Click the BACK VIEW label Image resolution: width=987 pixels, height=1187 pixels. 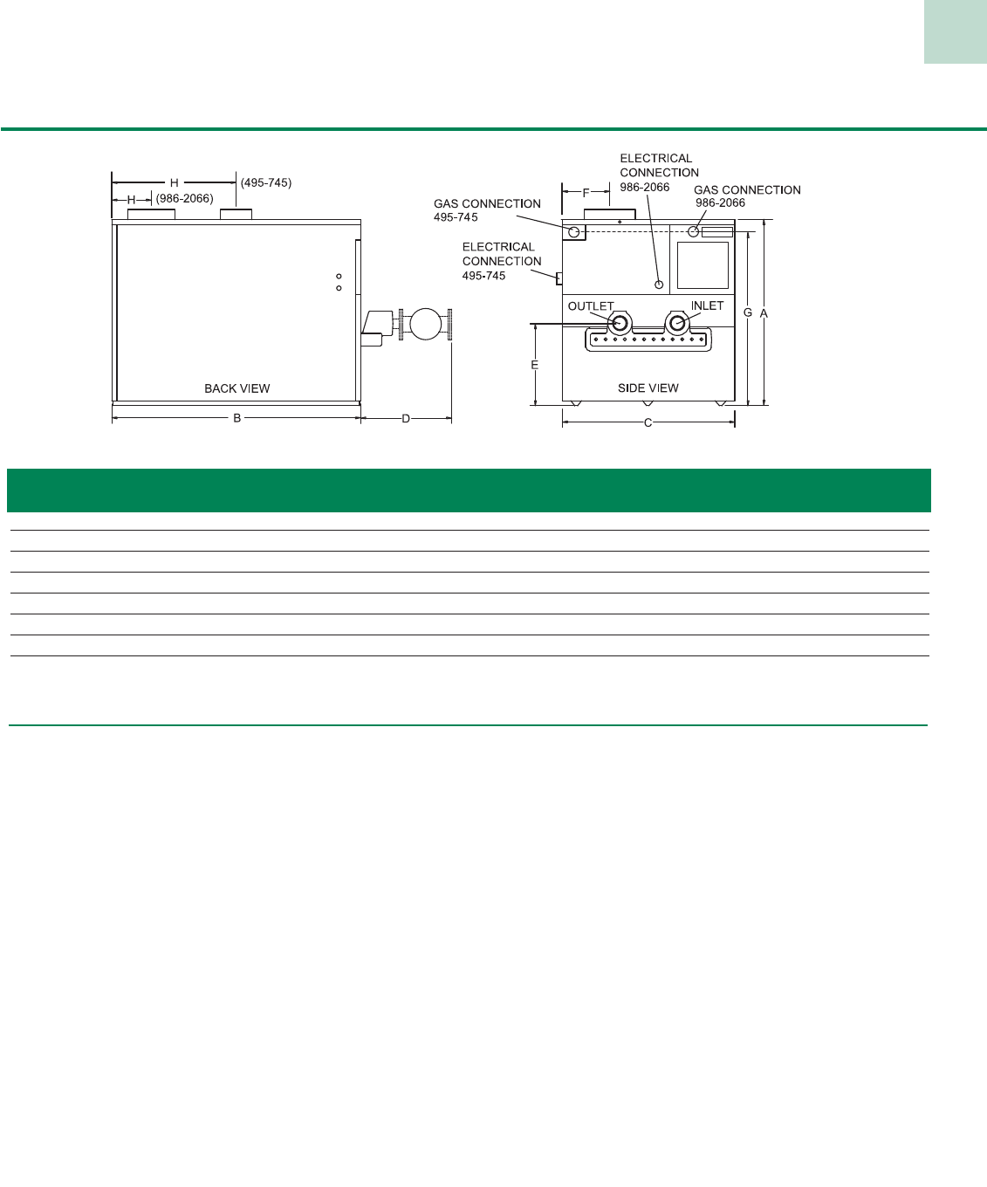(x=236, y=388)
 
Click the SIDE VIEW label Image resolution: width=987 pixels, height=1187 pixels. (x=648, y=388)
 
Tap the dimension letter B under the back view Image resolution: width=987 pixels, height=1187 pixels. (x=236, y=419)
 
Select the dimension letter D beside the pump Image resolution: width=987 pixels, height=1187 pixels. (x=406, y=419)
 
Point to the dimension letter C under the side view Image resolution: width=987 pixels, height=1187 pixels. (x=648, y=423)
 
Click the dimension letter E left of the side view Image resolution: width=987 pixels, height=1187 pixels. (x=535, y=365)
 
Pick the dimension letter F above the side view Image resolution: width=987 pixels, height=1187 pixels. (x=586, y=193)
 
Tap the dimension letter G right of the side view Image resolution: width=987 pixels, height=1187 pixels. (x=748, y=312)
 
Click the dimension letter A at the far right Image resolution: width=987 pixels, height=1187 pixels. (x=764, y=312)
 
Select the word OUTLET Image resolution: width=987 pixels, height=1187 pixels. (x=591, y=306)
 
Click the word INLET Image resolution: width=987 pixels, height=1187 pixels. (x=707, y=305)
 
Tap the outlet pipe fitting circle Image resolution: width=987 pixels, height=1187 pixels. (x=619, y=324)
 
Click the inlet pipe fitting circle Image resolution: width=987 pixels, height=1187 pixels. (x=676, y=324)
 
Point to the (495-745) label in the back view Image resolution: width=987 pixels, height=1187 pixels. (x=266, y=183)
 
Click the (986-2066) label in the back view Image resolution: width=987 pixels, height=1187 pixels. (x=184, y=199)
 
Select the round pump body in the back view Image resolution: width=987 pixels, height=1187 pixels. (x=425, y=324)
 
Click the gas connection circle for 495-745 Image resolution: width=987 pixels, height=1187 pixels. (x=574, y=232)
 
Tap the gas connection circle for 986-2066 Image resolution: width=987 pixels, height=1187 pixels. (x=693, y=231)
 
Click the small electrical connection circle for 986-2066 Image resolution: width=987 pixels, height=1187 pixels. (x=659, y=285)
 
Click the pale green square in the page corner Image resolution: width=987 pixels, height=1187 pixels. (x=956, y=31)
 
